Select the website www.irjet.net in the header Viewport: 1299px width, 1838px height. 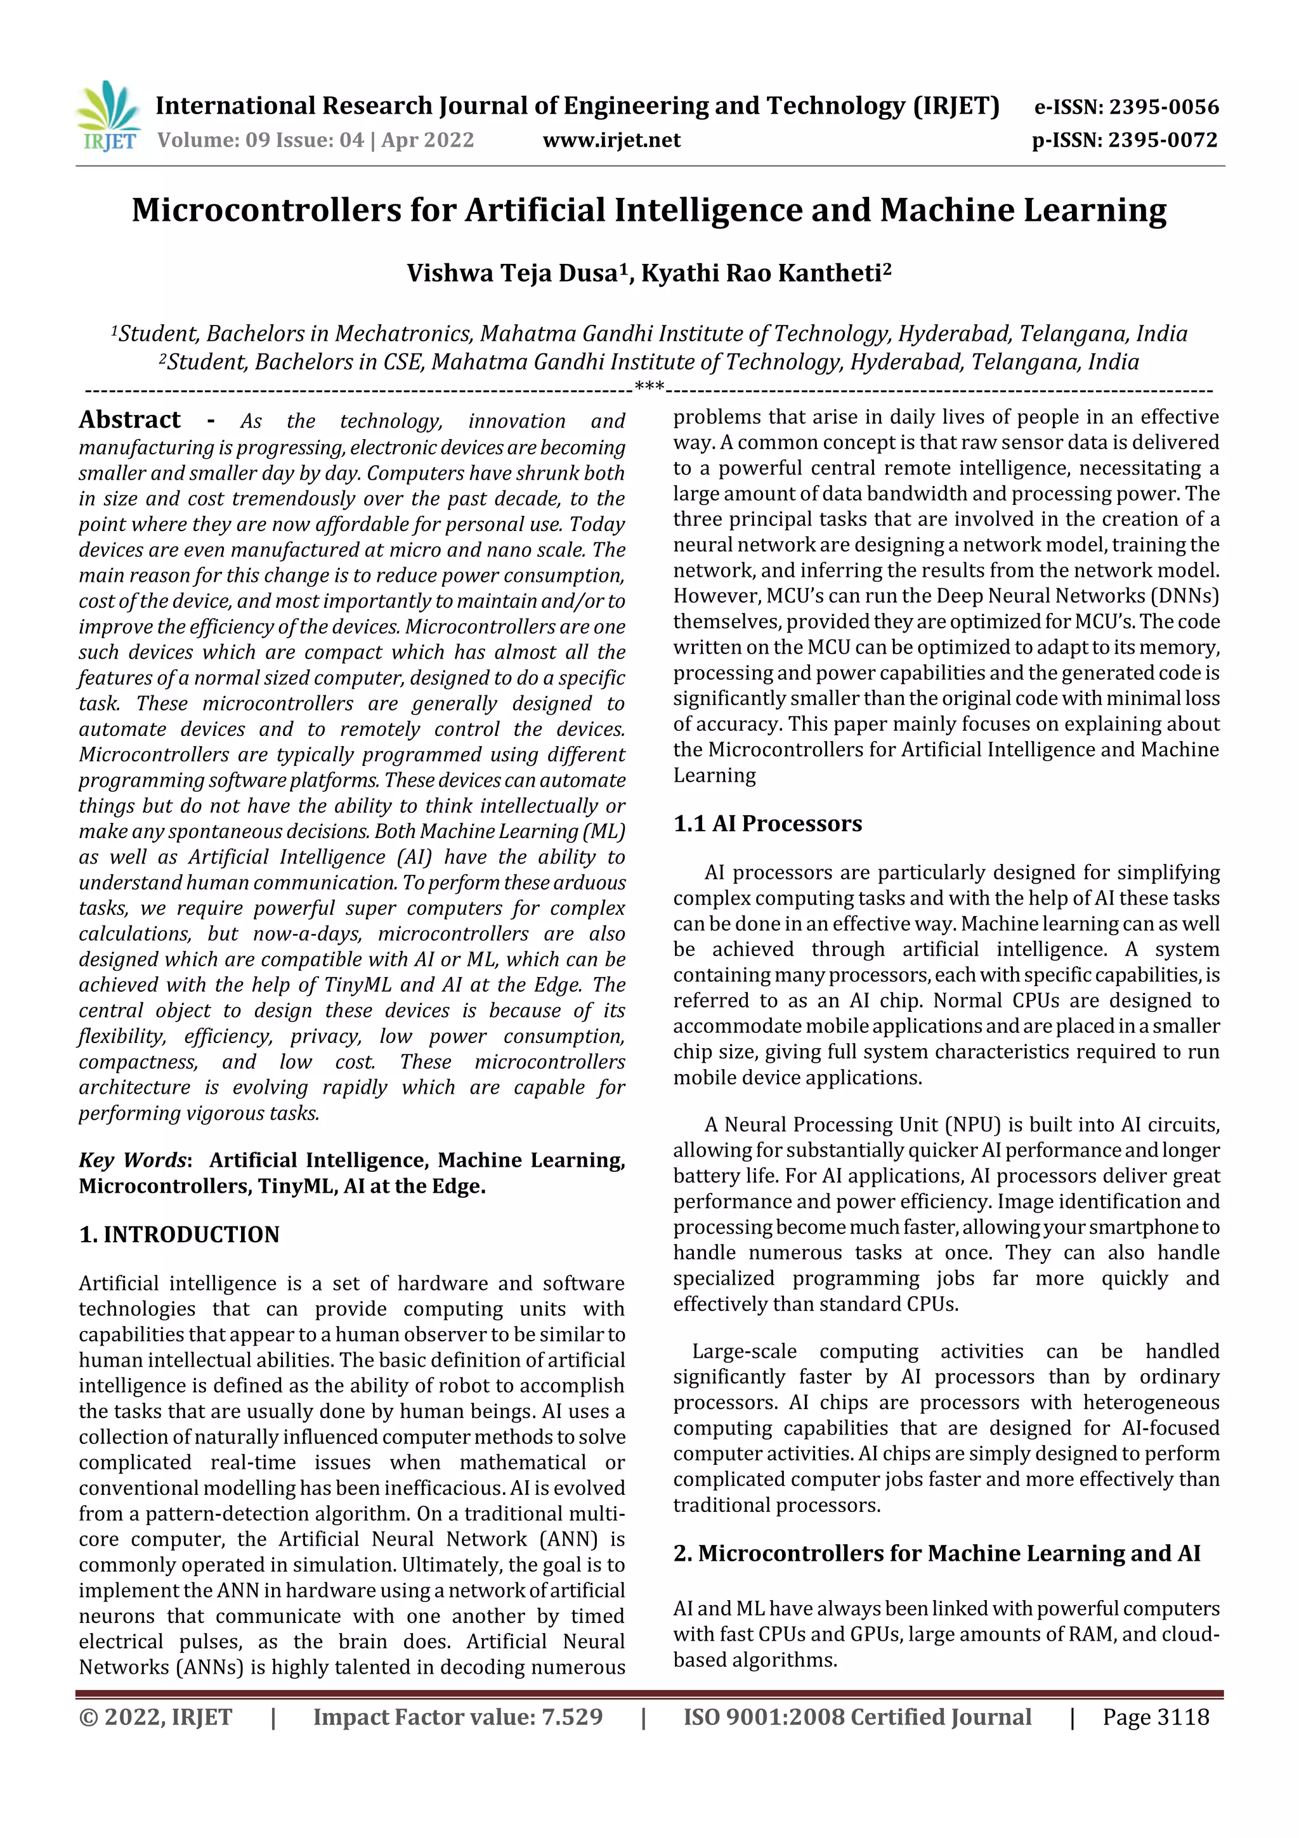click(611, 140)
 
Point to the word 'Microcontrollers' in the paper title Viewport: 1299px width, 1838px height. click(266, 211)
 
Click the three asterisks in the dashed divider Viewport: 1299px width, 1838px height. click(649, 388)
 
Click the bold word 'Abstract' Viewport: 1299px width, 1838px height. click(129, 419)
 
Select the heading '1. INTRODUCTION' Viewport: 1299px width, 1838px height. click(180, 1235)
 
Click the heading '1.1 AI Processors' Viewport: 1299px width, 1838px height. click(767, 823)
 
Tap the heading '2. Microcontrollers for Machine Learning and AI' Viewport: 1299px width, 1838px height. click(936, 1553)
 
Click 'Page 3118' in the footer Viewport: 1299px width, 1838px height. click(1155, 1717)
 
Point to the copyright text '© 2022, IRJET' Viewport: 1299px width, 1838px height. click(155, 1717)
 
